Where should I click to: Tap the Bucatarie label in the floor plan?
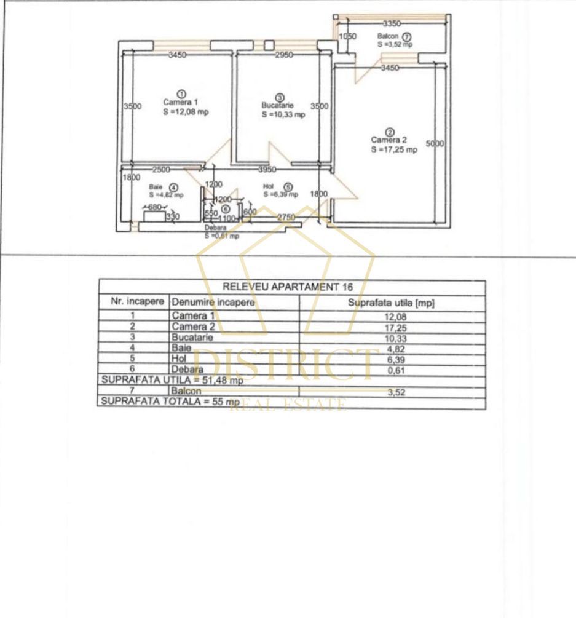click(274, 106)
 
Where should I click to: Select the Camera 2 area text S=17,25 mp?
click(393, 149)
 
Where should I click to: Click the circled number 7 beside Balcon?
click(407, 37)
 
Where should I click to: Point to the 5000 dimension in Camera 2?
click(435, 143)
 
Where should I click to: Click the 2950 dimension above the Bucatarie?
click(283, 55)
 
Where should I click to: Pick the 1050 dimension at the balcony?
click(348, 37)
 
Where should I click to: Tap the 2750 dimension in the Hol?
click(286, 218)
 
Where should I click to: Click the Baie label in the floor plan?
click(155, 187)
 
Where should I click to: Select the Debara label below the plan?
click(216, 228)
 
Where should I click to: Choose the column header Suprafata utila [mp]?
click(391, 303)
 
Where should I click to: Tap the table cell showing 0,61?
click(391, 371)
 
